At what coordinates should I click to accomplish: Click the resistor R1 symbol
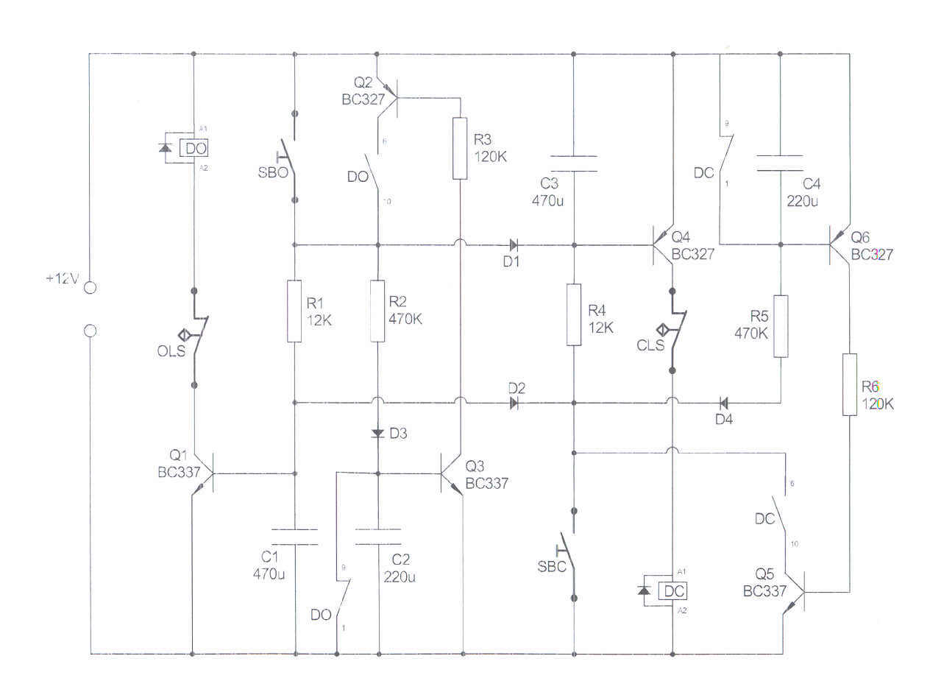click(x=294, y=311)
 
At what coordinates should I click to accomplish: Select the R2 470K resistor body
click(x=377, y=311)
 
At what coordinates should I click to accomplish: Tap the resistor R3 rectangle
click(x=460, y=148)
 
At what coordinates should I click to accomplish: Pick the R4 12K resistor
click(x=574, y=314)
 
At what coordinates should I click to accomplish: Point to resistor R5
click(x=781, y=325)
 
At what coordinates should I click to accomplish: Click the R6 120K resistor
click(x=850, y=384)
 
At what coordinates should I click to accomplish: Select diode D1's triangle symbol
click(x=513, y=244)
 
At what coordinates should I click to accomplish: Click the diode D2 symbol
click(x=514, y=403)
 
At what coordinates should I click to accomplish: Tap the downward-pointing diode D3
click(x=378, y=433)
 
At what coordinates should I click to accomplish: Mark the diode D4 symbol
click(x=723, y=403)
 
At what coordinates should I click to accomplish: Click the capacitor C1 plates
click(x=294, y=537)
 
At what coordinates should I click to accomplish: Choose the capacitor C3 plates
click(x=574, y=163)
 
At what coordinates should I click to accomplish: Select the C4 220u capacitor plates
click(x=780, y=163)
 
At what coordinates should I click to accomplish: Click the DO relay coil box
click(x=196, y=148)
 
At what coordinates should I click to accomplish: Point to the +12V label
click(x=62, y=279)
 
